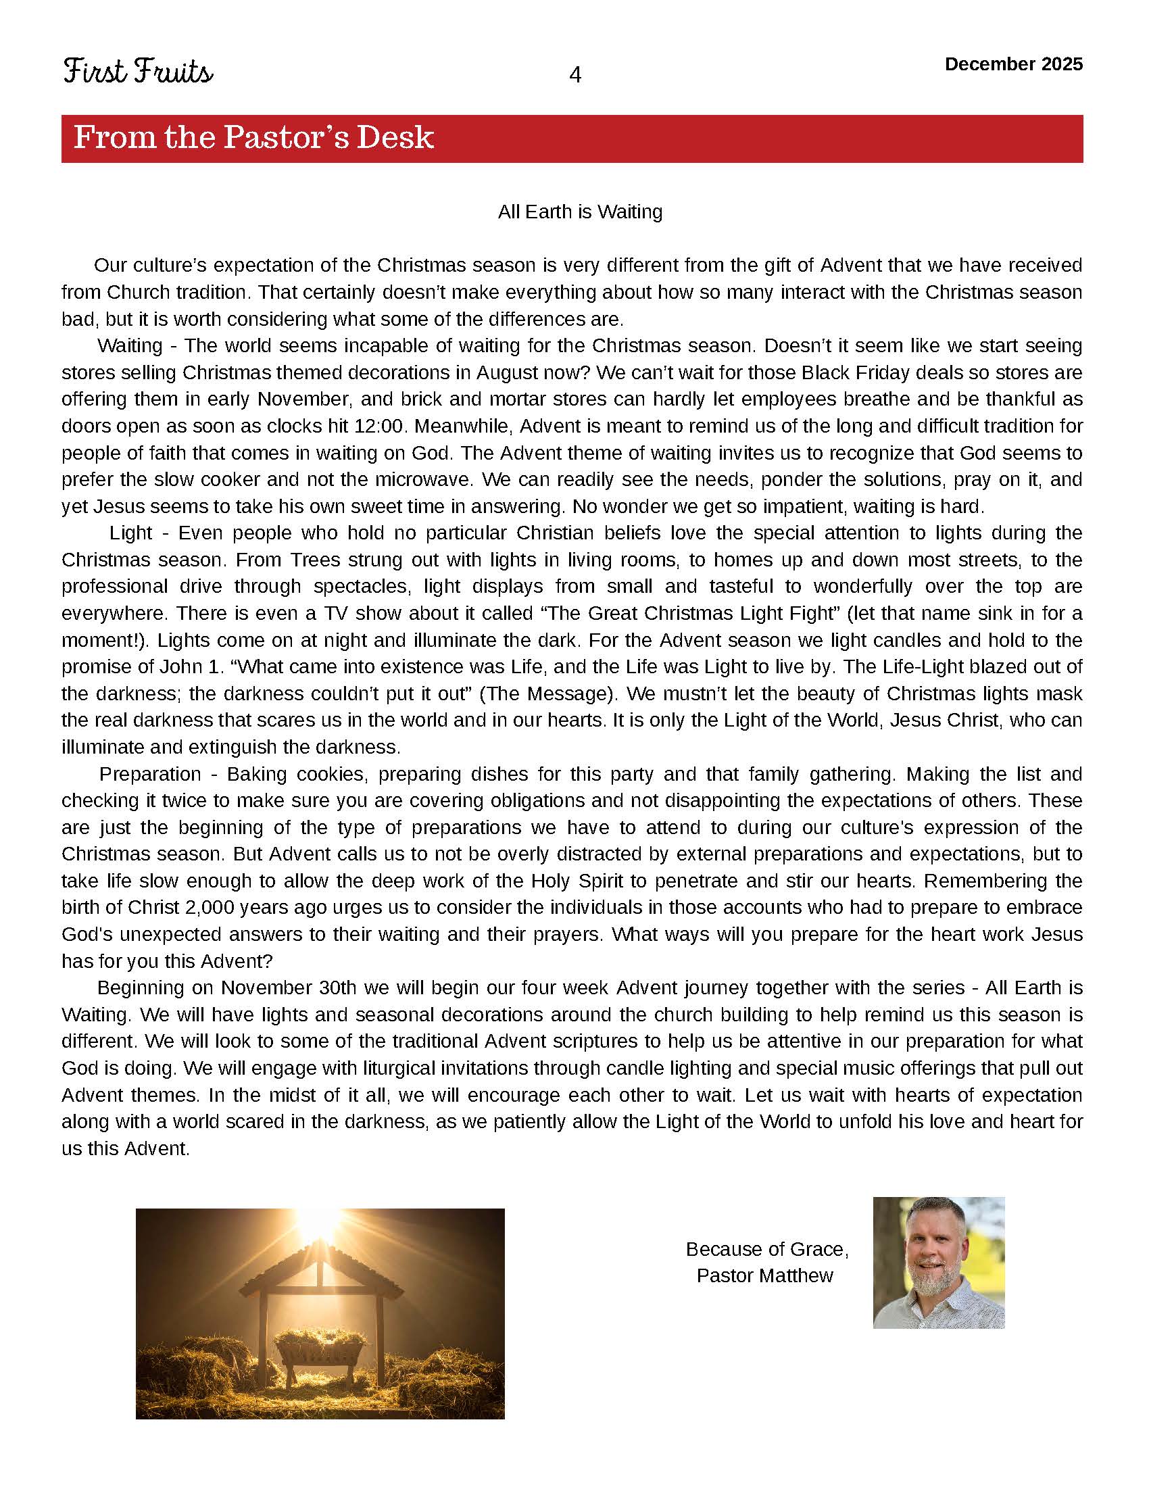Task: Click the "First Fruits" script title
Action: [x=138, y=72]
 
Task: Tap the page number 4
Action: [x=575, y=75]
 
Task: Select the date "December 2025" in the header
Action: [x=1014, y=64]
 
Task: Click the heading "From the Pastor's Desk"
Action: [x=253, y=137]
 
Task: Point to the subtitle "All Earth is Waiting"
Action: [x=580, y=212]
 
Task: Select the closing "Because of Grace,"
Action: [x=767, y=1249]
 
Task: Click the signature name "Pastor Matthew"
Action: [x=764, y=1275]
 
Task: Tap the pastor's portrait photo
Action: [x=939, y=1263]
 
